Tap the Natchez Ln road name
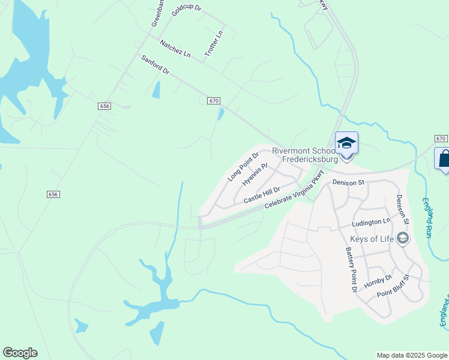click(x=175, y=49)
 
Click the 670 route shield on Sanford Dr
click(x=214, y=101)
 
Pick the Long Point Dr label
click(x=243, y=167)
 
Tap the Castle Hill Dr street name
click(x=262, y=194)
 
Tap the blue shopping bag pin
click(x=443, y=159)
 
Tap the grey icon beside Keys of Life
click(x=403, y=239)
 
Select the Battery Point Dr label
click(x=351, y=269)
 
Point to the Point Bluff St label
click(x=393, y=286)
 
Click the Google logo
click(x=20, y=353)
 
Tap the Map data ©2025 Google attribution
click(x=411, y=355)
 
